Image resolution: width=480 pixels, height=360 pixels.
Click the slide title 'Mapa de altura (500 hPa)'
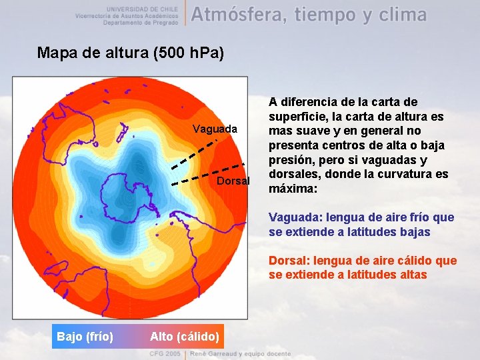(x=131, y=53)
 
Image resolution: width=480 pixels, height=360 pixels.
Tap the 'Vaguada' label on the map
(x=215, y=129)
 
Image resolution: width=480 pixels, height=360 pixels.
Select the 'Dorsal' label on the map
(x=233, y=181)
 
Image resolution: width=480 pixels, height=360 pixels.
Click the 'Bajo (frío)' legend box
(x=85, y=337)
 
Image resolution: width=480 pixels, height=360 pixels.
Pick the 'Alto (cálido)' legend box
(x=185, y=337)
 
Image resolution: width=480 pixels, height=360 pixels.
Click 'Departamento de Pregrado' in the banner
(x=141, y=22)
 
